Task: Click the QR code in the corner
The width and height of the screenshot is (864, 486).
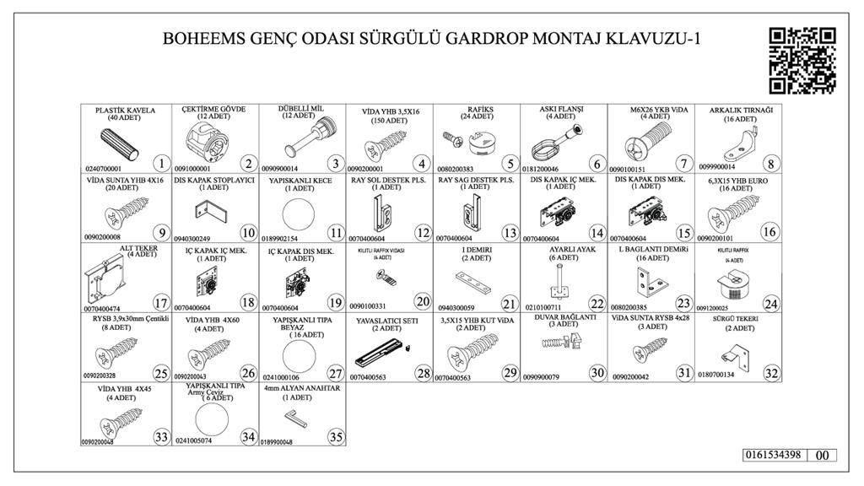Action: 802,61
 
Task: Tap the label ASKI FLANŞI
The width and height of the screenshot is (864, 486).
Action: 562,110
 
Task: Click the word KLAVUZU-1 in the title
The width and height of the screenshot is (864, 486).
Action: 657,39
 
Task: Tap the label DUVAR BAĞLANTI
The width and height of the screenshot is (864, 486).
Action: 563,318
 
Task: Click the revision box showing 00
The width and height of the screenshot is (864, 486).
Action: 823,455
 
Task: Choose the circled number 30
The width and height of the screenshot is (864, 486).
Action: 596,372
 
